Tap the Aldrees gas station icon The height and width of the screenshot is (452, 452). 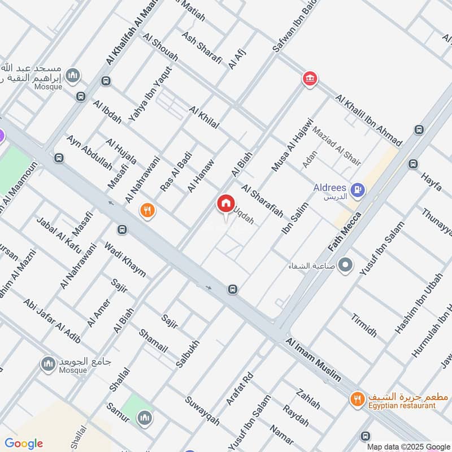pyautogui.click(x=357, y=190)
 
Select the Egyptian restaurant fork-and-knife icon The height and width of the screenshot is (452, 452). pyautogui.click(x=357, y=399)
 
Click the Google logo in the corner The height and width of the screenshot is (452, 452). pyautogui.click(x=23, y=443)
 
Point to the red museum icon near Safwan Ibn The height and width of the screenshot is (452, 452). pyautogui.click(x=309, y=79)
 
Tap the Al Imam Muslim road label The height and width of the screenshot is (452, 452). pyautogui.click(x=314, y=360)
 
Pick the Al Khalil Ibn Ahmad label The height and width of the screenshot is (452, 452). pyautogui.click(x=368, y=120)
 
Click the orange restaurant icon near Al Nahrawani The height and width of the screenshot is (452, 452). pyautogui.click(x=148, y=211)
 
